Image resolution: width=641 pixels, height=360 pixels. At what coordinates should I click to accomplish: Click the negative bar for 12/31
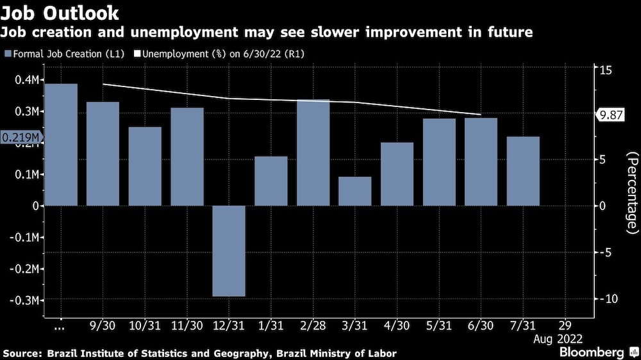click(x=229, y=250)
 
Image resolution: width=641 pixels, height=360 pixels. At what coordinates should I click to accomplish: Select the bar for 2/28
click(x=313, y=152)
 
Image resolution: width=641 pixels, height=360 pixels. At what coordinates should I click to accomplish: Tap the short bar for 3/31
click(x=354, y=191)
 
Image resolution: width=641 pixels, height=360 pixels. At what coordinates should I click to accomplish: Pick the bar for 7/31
click(x=522, y=171)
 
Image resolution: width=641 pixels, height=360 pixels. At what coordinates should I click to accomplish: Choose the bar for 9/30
click(x=103, y=154)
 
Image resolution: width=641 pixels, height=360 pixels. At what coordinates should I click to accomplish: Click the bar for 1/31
click(x=271, y=181)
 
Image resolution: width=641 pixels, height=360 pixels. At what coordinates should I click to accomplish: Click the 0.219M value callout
click(x=20, y=138)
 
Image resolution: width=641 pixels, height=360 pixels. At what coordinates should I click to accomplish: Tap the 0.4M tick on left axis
click(x=28, y=79)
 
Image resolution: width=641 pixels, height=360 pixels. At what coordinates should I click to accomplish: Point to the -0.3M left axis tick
click(x=26, y=300)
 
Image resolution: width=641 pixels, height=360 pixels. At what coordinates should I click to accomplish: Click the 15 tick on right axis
click(x=606, y=67)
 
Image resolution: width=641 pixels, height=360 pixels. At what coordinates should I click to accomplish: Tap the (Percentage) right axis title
click(x=633, y=192)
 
